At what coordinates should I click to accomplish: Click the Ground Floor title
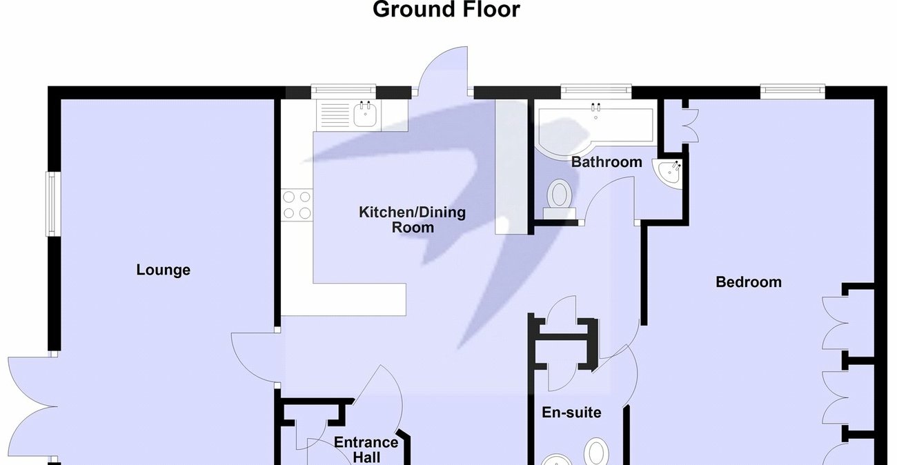(x=446, y=10)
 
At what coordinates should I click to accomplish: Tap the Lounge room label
(x=164, y=270)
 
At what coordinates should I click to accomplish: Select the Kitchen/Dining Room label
(x=412, y=219)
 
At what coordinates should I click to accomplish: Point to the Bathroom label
(x=607, y=162)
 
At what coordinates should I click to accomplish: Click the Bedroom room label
(x=749, y=282)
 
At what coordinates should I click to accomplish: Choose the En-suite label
(x=571, y=412)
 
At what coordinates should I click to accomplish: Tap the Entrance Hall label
(x=366, y=449)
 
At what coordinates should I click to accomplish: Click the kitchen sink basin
(x=365, y=115)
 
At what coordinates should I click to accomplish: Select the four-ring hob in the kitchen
(x=297, y=205)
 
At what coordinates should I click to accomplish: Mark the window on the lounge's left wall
(x=53, y=204)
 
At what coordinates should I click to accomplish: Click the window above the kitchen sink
(x=343, y=91)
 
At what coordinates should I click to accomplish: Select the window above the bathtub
(x=596, y=91)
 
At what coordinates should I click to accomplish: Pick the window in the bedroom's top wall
(x=793, y=91)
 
